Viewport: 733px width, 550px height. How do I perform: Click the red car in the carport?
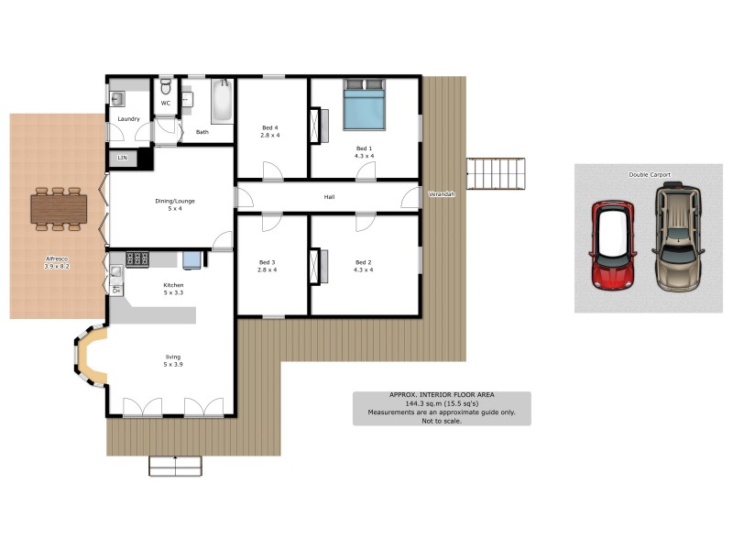pyautogui.click(x=613, y=245)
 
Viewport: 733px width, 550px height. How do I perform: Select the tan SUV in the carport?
pyautogui.click(x=678, y=236)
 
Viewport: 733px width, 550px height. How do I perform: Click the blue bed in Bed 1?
pyautogui.click(x=365, y=108)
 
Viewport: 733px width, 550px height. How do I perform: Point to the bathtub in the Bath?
pyautogui.click(x=222, y=103)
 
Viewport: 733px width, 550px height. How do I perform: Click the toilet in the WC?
pyautogui.click(x=166, y=87)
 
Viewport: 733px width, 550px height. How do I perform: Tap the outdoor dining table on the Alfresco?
pyautogui.click(x=58, y=209)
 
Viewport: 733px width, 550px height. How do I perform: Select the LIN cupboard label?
pyautogui.click(x=123, y=159)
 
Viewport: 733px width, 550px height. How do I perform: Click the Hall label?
pyautogui.click(x=329, y=197)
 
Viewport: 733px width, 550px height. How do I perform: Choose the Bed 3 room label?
pyautogui.click(x=268, y=262)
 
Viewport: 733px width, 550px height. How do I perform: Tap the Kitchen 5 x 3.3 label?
pyautogui.click(x=174, y=289)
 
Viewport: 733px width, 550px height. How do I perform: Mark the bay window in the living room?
pyautogui.click(x=90, y=358)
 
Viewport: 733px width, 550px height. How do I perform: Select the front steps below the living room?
pyautogui.click(x=176, y=466)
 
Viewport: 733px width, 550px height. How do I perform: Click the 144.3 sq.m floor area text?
pyautogui.click(x=442, y=403)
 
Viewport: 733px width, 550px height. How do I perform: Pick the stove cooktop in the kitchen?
pyautogui.click(x=138, y=258)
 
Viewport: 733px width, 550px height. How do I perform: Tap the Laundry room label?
pyautogui.click(x=127, y=118)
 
